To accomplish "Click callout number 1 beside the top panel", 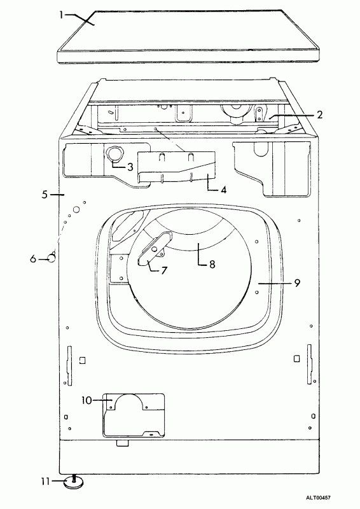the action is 62,15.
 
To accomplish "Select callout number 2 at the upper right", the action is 320,115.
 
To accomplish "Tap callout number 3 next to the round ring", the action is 130,167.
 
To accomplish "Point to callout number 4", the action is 223,190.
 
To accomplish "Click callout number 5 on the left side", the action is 45,195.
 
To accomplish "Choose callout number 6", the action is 33,260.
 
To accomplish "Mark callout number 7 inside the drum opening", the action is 164,270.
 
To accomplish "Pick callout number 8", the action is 212,265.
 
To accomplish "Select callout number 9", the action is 296,283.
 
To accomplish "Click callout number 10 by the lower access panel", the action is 87,401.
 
